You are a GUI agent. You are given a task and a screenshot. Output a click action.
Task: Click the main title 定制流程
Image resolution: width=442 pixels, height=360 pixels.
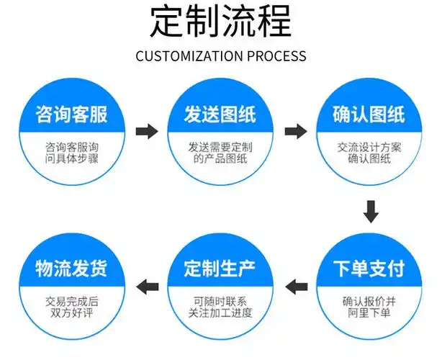click(220, 22)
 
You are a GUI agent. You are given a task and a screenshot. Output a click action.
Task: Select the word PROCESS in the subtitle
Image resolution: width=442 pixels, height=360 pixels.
click(276, 56)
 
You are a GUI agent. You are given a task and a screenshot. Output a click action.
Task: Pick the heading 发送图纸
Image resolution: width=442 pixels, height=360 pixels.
click(220, 114)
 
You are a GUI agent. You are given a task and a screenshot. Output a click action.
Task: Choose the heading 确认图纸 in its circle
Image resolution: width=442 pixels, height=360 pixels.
click(369, 114)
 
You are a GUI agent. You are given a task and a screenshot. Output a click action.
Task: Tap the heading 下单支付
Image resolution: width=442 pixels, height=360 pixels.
click(369, 269)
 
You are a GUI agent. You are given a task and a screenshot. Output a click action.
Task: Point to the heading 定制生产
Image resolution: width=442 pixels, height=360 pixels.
click(220, 269)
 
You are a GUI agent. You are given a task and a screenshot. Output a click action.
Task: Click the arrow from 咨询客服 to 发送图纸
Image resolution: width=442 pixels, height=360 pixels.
click(147, 131)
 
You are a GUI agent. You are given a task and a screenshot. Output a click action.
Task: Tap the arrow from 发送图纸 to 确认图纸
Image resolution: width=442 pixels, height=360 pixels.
click(295, 131)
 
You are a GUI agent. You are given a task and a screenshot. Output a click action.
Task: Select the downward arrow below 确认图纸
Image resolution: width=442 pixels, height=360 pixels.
click(370, 212)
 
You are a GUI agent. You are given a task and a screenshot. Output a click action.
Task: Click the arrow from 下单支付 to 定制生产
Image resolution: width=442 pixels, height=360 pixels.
click(295, 286)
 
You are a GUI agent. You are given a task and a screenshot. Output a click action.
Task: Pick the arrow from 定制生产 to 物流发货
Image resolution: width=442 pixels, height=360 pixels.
click(147, 286)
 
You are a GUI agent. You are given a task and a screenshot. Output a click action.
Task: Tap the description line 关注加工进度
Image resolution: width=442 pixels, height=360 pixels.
click(220, 312)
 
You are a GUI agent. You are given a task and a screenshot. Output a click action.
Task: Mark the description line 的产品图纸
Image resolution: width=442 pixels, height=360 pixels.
click(220, 159)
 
